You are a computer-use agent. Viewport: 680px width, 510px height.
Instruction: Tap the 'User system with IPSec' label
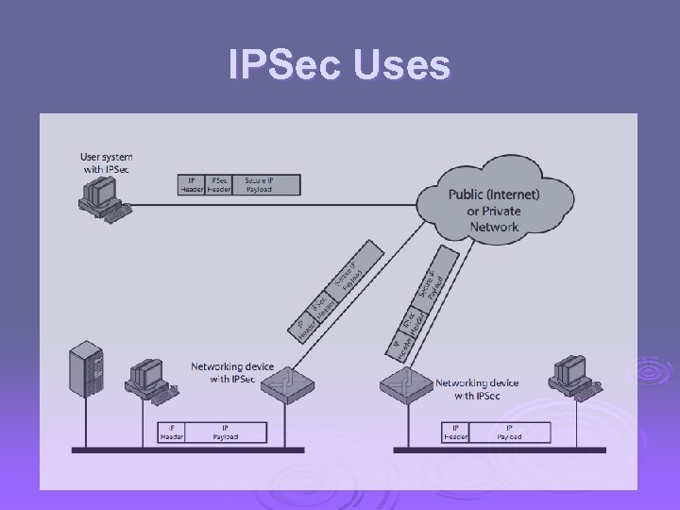106,162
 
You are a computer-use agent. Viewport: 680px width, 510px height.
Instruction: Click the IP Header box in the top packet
191,184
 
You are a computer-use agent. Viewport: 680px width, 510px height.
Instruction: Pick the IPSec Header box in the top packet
219,184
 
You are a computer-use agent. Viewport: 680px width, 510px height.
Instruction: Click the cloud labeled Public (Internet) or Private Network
494,203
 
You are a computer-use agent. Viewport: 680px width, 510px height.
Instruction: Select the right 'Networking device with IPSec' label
476,389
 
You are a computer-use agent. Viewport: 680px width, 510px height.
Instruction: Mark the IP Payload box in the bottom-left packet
225,433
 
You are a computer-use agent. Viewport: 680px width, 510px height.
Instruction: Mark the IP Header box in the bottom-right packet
456,433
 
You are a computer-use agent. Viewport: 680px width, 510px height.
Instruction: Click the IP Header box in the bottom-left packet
172,433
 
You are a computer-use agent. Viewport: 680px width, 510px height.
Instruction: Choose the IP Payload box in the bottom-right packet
509,433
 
